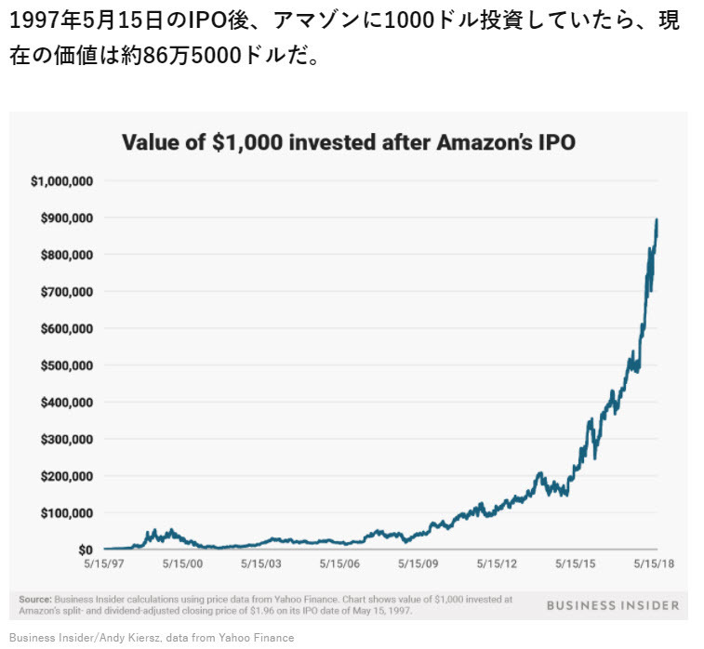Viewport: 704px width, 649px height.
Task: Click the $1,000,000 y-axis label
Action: coord(61,181)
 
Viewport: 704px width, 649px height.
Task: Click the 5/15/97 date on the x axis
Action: coord(105,564)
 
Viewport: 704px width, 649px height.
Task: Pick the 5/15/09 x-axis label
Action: coord(419,564)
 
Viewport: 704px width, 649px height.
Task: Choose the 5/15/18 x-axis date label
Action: coord(656,564)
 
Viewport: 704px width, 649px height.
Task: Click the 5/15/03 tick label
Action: coord(262,564)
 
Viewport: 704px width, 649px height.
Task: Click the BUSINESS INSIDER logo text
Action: coord(612,605)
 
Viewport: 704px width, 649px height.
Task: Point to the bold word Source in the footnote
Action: coord(35,600)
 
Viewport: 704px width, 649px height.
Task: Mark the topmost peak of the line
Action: coord(657,220)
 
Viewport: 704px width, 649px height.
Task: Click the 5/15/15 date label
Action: coord(577,564)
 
